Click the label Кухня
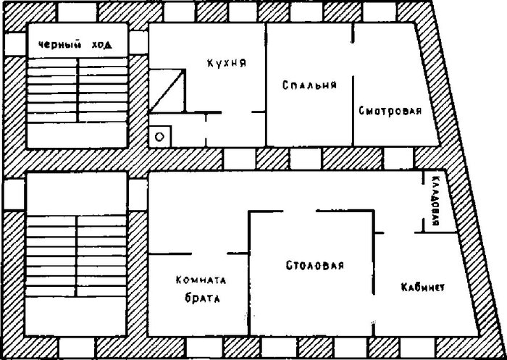226,62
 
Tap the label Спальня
309,85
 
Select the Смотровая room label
390,112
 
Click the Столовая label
309,265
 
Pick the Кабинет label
422,288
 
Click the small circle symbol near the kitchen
161,135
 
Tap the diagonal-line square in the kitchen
167,91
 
